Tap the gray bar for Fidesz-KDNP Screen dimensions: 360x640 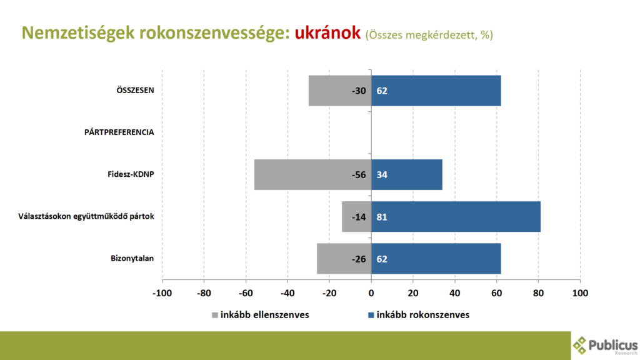coord(300,174)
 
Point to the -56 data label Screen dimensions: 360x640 coord(359,174)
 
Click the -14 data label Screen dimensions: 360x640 coord(359,217)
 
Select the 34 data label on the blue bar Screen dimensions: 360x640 coord(382,174)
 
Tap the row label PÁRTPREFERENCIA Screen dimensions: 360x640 coord(119,132)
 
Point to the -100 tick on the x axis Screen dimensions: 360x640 coord(162,292)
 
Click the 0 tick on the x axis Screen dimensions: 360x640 coord(371,292)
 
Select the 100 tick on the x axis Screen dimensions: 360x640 coord(580,292)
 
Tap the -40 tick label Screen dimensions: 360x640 coord(287,292)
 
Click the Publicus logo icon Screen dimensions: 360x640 coord(581,344)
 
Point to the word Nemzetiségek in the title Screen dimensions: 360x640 coord(76,33)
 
